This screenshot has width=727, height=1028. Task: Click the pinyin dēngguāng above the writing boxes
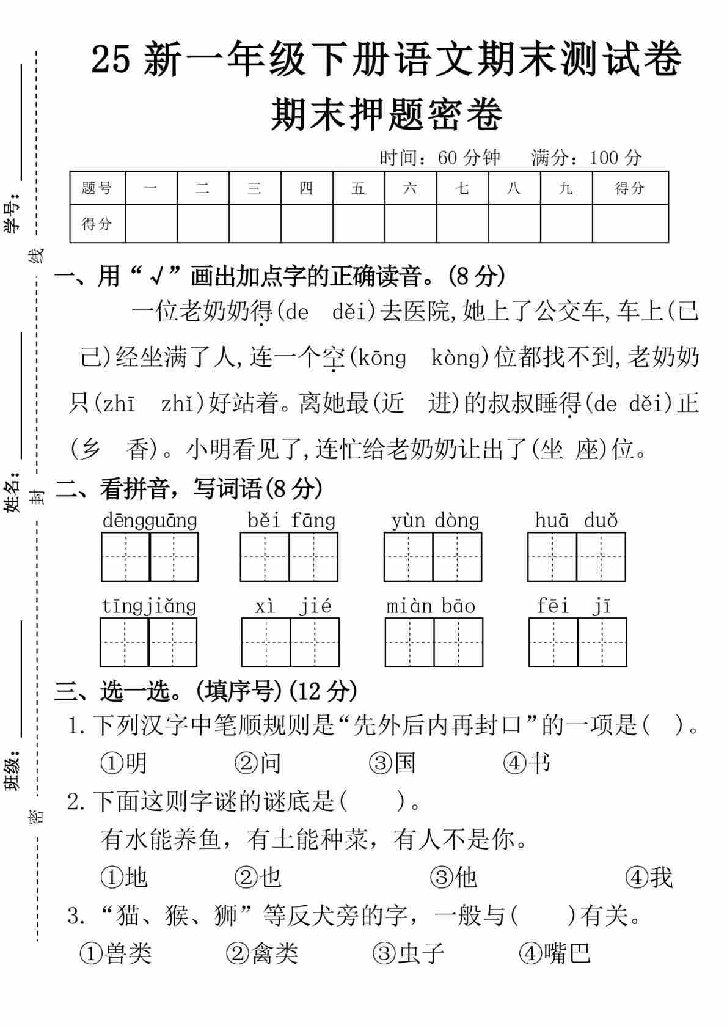tap(150, 521)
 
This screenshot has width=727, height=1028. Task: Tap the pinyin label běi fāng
tap(291, 521)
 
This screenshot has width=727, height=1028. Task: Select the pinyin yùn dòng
tap(435, 521)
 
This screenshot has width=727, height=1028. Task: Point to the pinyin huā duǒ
tap(576, 521)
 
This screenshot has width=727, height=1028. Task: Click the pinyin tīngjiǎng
tap(148, 606)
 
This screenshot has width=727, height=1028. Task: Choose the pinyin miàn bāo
tap(431, 606)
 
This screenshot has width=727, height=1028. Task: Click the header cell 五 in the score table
tap(358, 188)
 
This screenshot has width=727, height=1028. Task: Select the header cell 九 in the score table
tap(566, 188)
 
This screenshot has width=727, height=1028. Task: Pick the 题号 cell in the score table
tap(97, 188)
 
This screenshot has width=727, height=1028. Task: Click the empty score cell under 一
tap(151, 224)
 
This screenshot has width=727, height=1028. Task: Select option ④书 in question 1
tap(527, 763)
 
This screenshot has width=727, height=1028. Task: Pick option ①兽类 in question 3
tap(115, 953)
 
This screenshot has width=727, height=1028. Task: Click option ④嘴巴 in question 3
tap(555, 953)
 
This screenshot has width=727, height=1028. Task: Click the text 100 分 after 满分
tap(615, 158)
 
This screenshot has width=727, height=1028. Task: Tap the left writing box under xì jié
tap(266, 642)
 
